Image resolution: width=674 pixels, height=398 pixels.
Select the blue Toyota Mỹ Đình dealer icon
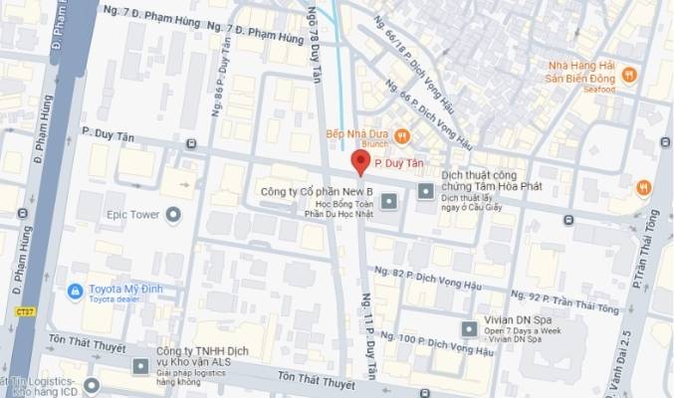click(x=74, y=292)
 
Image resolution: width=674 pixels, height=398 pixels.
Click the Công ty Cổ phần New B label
click(x=317, y=190)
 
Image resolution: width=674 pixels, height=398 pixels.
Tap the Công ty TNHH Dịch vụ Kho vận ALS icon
click(x=138, y=366)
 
